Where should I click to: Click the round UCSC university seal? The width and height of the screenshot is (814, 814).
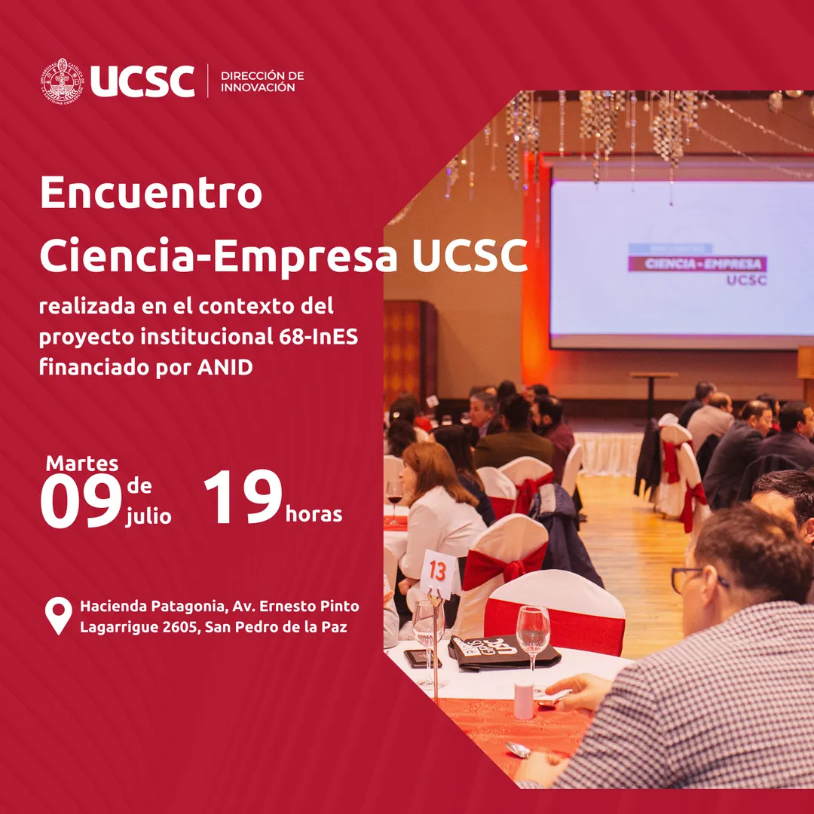(x=63, y=81)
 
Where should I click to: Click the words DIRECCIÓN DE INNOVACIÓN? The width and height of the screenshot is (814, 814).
(x=262, y=81)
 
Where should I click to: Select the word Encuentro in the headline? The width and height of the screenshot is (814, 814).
(x=151, y=193)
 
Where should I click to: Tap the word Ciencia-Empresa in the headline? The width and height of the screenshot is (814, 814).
(x=219, y=257)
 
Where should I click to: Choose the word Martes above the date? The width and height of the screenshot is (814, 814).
(x=82, y=464)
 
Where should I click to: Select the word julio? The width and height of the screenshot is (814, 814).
(x=148, y=517)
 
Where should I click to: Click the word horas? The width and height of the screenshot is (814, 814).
(x=314, y=515)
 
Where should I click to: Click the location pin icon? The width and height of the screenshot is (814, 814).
(x=58, y=615)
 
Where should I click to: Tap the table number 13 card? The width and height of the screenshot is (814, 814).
(x=438, y=573)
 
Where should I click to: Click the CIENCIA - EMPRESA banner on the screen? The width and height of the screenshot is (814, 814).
(x=697, y=264)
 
